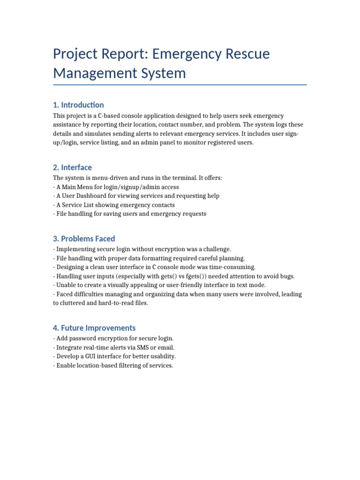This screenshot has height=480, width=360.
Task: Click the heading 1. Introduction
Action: [78, 105]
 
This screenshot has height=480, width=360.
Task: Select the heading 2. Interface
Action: [72, 167]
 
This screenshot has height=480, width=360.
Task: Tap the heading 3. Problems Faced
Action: [84, 239]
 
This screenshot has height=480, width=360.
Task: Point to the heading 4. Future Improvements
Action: [94, 328]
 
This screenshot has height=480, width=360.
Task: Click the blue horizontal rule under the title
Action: [180, 85]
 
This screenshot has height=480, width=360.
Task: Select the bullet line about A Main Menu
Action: [116, 187]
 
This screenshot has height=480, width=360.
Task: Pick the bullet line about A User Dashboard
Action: [136, 196]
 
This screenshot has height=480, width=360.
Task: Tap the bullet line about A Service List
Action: [114, 205]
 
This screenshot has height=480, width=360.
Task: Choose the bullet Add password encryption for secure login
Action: [113, 338]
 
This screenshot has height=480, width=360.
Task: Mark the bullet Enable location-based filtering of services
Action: [113, 365]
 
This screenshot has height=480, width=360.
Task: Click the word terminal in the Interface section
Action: [169, 178]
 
